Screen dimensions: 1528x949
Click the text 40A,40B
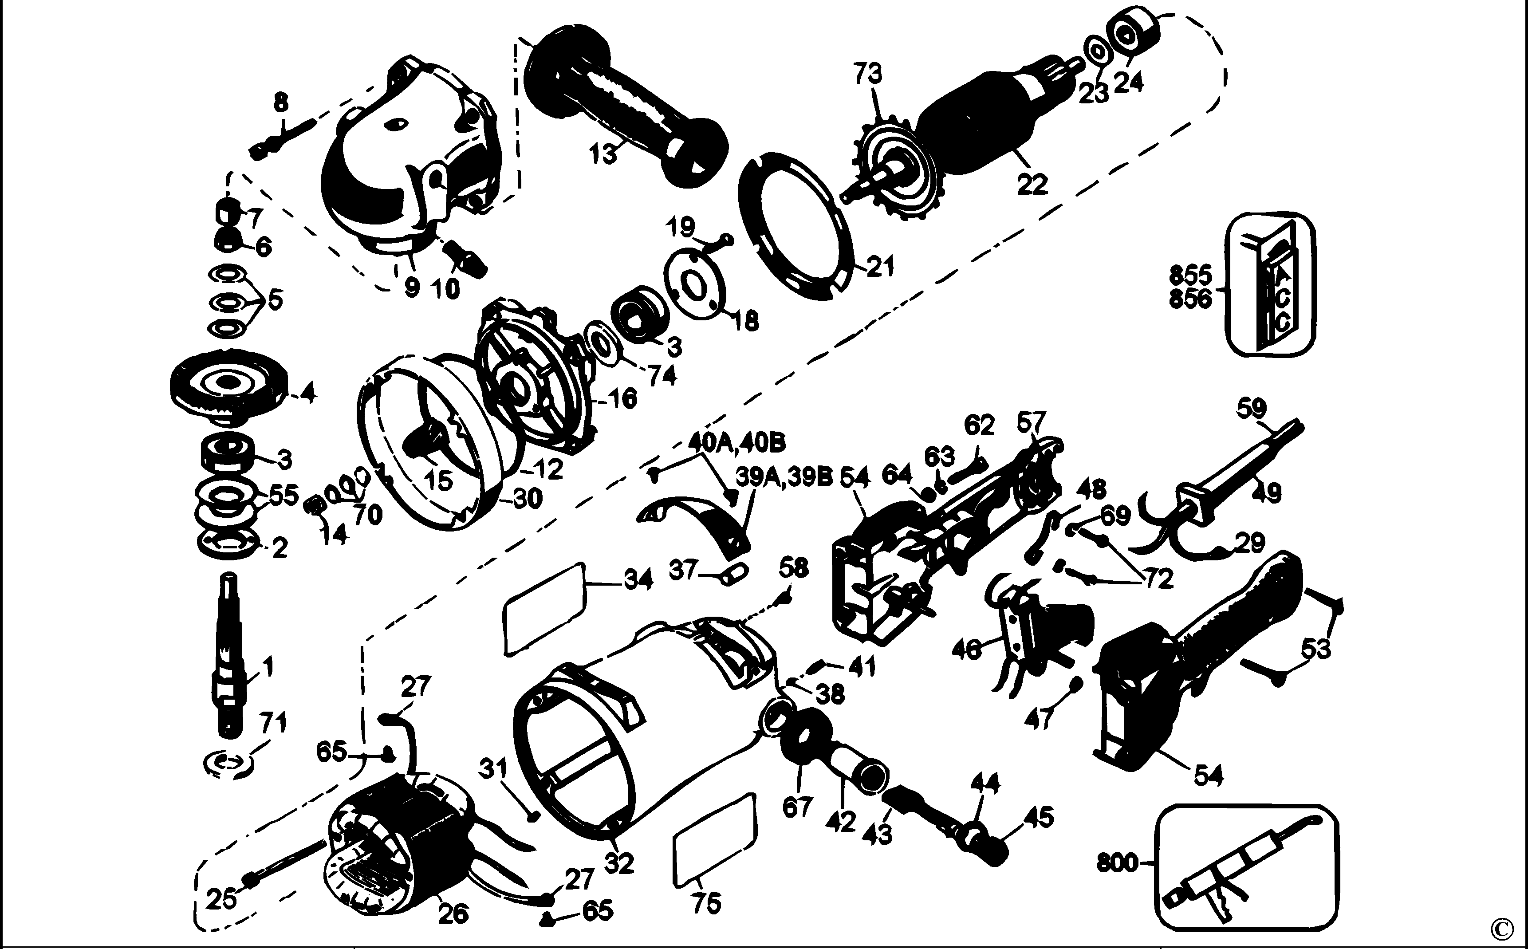point(736,443)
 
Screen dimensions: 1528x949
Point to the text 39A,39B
point(784,478)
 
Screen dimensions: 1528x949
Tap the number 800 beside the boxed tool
point(1117,862)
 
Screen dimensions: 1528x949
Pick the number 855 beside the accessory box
point(1191,276)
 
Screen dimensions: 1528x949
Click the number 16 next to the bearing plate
point(622,398)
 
